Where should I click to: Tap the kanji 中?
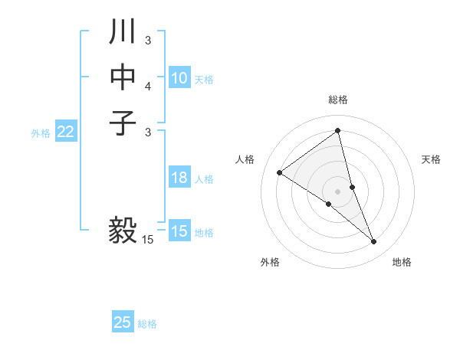123,77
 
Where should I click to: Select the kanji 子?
123,123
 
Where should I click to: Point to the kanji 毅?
123,229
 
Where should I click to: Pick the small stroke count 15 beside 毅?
148,240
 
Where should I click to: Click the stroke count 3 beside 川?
148,40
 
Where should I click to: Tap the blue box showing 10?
179,78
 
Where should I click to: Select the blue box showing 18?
179,178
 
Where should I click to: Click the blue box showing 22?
65,132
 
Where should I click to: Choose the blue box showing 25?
123,322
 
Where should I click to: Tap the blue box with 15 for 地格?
179,231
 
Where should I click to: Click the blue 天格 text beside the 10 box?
204,80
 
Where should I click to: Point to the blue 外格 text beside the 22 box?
41,133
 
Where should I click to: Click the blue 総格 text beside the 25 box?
147,324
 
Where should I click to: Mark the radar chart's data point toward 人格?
279,172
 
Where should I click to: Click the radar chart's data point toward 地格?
374,242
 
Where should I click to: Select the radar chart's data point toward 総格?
338,130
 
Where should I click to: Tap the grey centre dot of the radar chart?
338,191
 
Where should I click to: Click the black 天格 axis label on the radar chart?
431,159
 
